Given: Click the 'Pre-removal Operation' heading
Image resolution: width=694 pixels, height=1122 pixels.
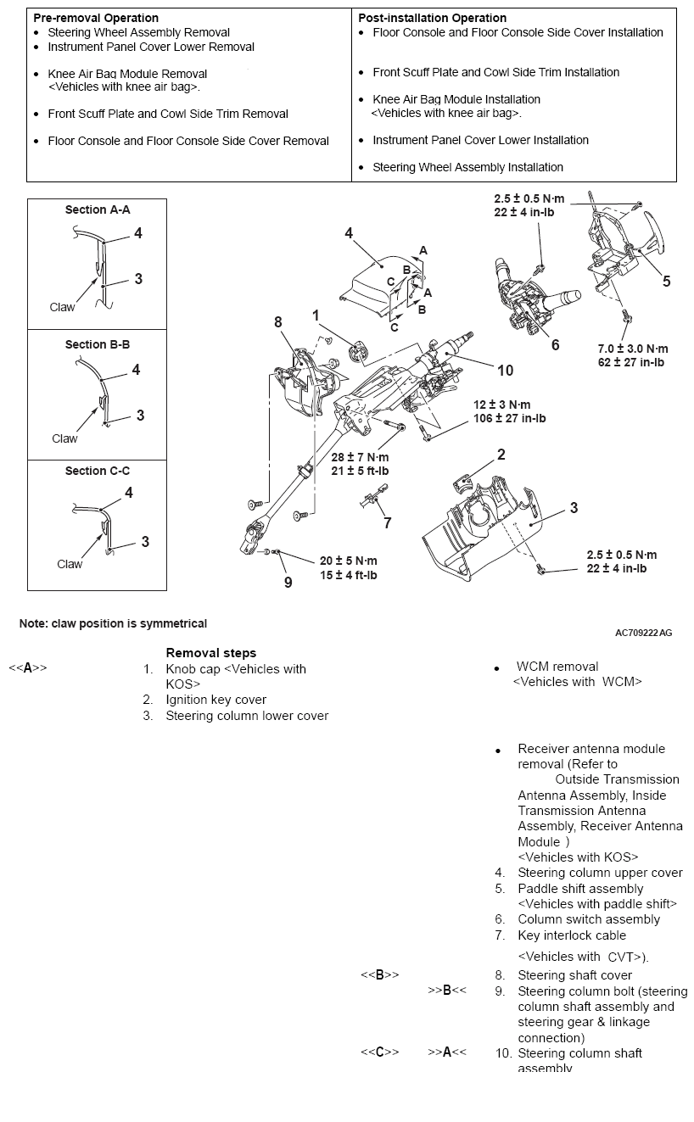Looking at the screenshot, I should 96,18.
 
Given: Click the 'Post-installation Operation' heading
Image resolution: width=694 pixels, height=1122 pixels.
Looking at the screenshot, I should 432,18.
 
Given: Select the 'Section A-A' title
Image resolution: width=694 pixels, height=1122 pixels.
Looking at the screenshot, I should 98,209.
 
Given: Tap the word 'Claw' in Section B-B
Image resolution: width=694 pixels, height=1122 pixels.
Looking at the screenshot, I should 64,438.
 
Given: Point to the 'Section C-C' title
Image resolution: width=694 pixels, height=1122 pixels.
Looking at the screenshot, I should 98,471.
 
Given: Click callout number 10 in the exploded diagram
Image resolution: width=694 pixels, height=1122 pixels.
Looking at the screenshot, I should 505,370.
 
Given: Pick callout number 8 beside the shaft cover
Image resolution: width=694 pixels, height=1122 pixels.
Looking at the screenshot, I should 277,322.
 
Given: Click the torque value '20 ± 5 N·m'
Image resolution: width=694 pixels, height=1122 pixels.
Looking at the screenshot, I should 348,561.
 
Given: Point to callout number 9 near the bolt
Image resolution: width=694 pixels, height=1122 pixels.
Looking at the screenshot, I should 288,583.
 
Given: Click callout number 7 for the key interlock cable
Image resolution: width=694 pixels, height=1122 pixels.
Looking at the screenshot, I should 387,522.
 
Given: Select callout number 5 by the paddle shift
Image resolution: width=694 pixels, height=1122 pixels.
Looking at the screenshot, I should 666,282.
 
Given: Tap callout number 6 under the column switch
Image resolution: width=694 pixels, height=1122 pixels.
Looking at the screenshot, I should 555,345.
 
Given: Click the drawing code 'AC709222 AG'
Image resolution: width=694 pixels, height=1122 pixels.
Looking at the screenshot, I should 643,633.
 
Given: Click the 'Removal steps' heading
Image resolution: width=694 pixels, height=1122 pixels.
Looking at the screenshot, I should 210,653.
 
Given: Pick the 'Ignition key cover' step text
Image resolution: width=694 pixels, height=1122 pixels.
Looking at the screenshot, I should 215,700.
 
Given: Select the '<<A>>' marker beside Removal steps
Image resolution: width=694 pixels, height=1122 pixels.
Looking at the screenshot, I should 28,668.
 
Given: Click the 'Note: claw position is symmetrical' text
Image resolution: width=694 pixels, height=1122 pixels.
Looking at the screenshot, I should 113,623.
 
